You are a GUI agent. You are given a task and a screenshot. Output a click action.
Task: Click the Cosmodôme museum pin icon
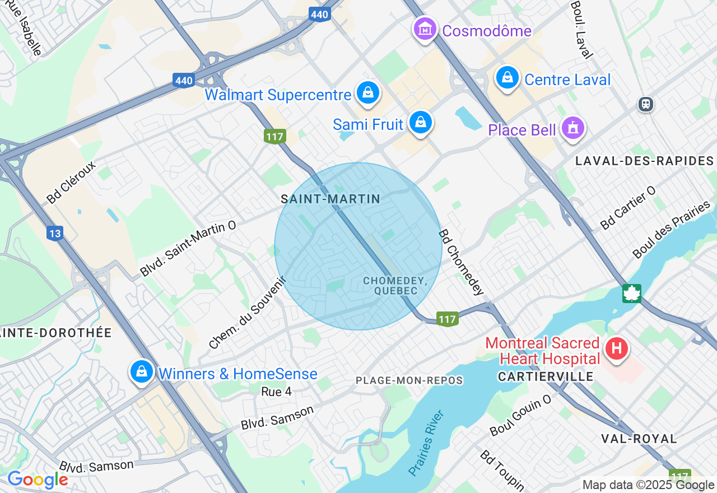click(x=425, y=29)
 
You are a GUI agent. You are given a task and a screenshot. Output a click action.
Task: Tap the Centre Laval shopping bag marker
click(x=507, y=78)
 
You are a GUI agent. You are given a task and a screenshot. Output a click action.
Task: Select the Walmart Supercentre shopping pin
click(x=368, y=93)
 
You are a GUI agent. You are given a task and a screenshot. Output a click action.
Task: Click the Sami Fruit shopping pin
click(x=420, y=122)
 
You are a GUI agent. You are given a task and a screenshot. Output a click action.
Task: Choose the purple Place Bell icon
click(x=572, y=128)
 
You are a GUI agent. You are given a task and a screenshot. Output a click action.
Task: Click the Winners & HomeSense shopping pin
click(x=142, y=371)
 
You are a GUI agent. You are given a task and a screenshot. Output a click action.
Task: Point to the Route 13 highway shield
click(x=54, y=233)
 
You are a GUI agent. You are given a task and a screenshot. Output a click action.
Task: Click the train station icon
click(x=646, y=104)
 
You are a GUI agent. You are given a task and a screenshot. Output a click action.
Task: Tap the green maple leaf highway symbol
click(x=632, y=293)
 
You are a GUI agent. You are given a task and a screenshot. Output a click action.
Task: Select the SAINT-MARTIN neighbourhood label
click(x=330, y=199)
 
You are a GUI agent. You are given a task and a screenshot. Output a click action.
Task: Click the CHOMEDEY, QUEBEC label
click(x=395, y=286)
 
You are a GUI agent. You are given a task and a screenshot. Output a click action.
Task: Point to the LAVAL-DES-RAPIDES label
click(x=645, y=161)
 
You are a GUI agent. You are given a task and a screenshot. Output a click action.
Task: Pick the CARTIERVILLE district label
click(x=546, y=377)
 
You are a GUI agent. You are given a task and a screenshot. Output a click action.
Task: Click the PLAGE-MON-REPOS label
click(x=409, y=381)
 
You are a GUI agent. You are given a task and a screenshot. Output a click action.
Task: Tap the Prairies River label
click(x=426, y=443)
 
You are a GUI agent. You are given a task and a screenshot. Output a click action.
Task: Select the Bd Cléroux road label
click(x=71, y=183)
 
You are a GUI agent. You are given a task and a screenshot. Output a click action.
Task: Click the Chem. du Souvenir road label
click(x=247, y=312)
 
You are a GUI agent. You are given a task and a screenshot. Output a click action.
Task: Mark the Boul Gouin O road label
click(x=520, y=415)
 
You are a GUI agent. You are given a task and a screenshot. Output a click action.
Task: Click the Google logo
click(x=38, y=480)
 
